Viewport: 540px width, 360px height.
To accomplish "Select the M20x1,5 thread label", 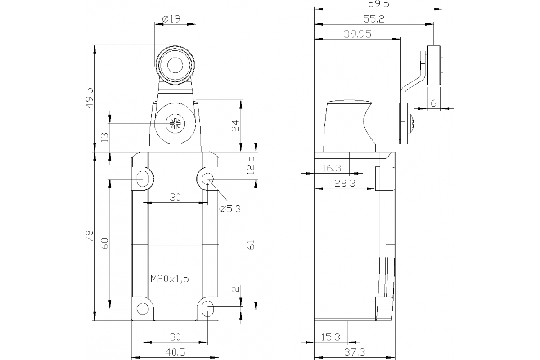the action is click(169, 279).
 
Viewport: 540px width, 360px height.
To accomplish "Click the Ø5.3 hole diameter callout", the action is click(230, 209).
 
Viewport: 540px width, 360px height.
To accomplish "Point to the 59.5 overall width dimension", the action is click(378, 4).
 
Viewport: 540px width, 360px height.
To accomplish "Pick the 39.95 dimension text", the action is click(358, 34).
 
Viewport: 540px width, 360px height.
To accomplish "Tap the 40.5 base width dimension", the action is click(175, 351).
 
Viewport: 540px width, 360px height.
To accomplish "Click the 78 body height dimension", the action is click(89, 236).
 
